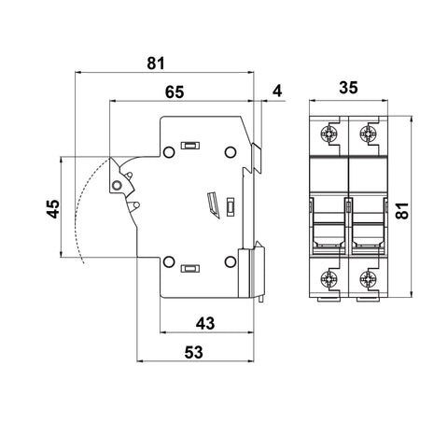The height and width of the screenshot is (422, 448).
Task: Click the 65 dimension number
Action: [x=175, y=92]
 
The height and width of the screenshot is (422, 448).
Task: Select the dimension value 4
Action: [x=277, y=91]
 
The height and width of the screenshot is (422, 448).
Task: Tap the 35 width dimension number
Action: [x=348, y=88]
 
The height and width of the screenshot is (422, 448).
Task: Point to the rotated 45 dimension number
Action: [x=53, y=208]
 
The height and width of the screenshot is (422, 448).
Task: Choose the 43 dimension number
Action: [x=205, y=324]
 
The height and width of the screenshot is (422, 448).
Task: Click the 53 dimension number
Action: [x=193, y=353]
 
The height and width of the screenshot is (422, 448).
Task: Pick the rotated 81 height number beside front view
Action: [x=402, y=211]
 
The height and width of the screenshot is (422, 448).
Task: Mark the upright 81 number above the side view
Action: [x=156, y=63]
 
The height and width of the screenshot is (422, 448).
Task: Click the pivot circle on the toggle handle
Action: [x=117, y=186]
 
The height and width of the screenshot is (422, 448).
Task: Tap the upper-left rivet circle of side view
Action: [x=169, y=152]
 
